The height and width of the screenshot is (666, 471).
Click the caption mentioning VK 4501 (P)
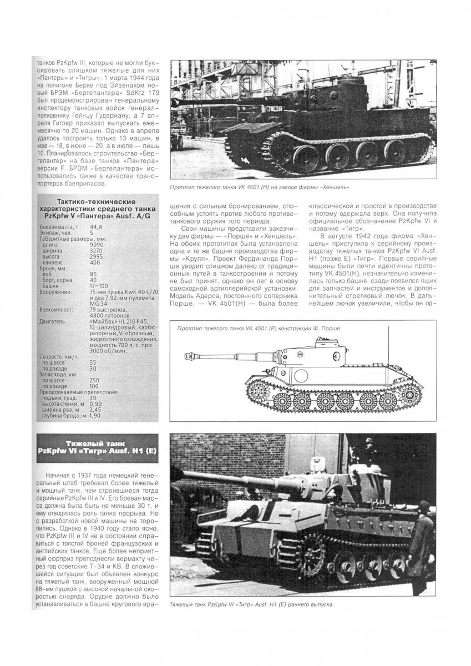pyautogui.click(x=259, y=329)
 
